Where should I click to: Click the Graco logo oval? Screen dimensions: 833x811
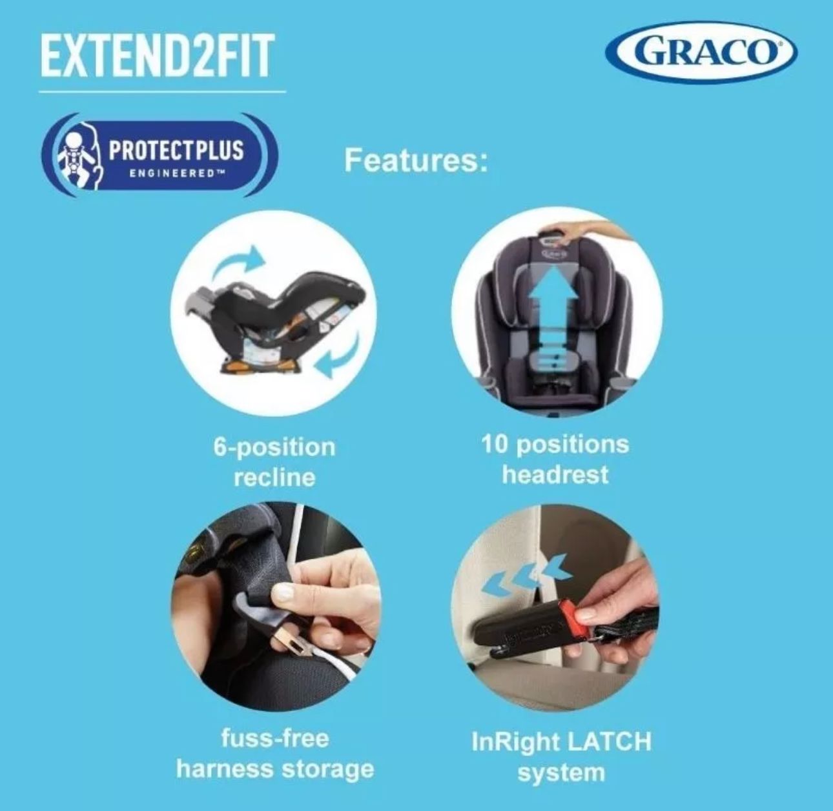pos(701,53)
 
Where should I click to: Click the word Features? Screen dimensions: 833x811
pos(416,161)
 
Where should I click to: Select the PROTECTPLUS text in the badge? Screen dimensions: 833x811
pos(176,150)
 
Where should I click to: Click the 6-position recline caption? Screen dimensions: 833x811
pos(274,462)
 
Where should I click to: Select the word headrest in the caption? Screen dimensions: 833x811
pos(555,474)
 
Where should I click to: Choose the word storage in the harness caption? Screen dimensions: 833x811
pos(328,770)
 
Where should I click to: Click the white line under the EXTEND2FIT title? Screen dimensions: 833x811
pos(162,92)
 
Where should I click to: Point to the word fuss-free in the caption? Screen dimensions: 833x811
pos(275,739)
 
